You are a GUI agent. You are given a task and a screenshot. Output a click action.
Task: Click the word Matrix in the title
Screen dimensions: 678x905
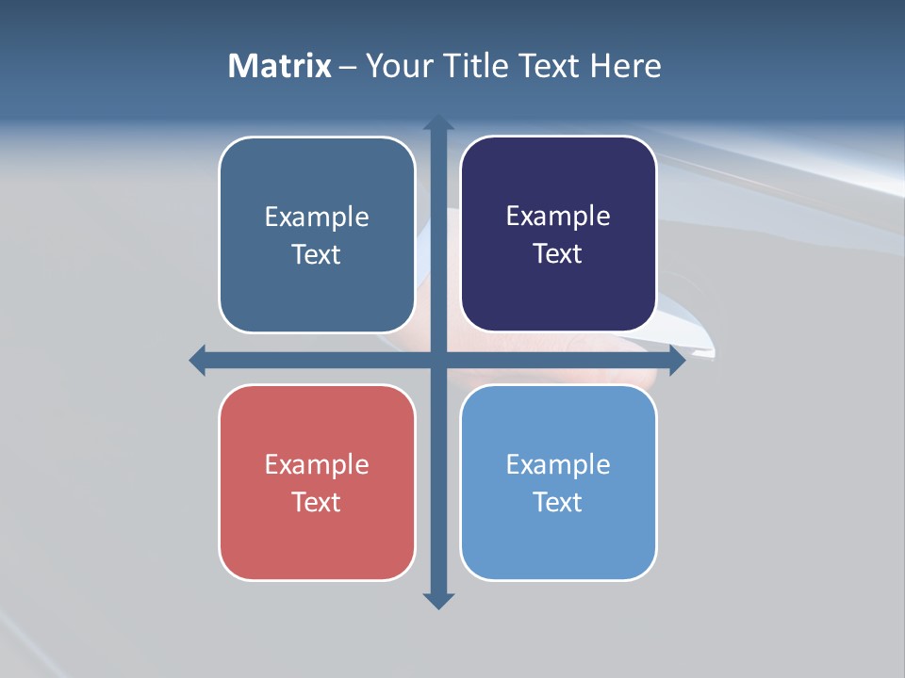point(280,66)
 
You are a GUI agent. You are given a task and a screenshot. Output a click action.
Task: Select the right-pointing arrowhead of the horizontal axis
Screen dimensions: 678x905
point(677,360)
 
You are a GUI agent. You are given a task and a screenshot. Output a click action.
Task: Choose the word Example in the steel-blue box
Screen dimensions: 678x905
point(317,217)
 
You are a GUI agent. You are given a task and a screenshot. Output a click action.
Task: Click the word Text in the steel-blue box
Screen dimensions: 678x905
point(317,254)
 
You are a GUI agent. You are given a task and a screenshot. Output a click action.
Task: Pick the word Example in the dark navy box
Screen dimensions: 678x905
point(558,216)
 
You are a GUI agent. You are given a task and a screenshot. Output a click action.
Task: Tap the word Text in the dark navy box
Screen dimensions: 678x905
point(558,253)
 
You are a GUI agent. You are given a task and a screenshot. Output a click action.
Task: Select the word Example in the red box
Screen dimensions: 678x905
point(317,464)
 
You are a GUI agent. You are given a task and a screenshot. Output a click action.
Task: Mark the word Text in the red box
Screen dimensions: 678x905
point(317,502)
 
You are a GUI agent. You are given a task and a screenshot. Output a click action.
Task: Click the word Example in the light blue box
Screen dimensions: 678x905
point(558,464)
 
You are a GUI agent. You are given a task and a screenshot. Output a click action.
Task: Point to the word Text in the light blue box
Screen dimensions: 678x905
point(558,502)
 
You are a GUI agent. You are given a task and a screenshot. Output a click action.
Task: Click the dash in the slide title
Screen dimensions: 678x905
point(349,67)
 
